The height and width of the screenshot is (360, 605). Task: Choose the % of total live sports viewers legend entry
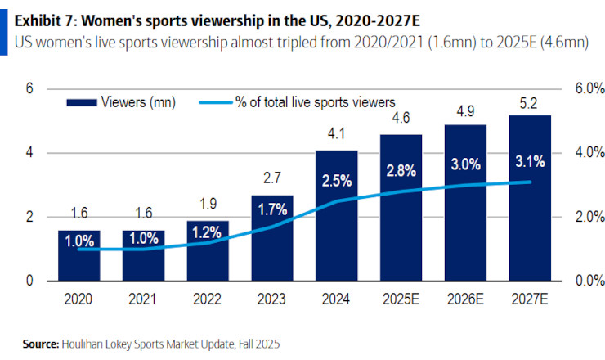pyautogui.click(x=315, y=101)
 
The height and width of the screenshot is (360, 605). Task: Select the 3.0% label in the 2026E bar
pyautogui.click(x=465, y=164)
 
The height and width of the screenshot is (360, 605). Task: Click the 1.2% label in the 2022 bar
pyautogui.click(x=207, y=232)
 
